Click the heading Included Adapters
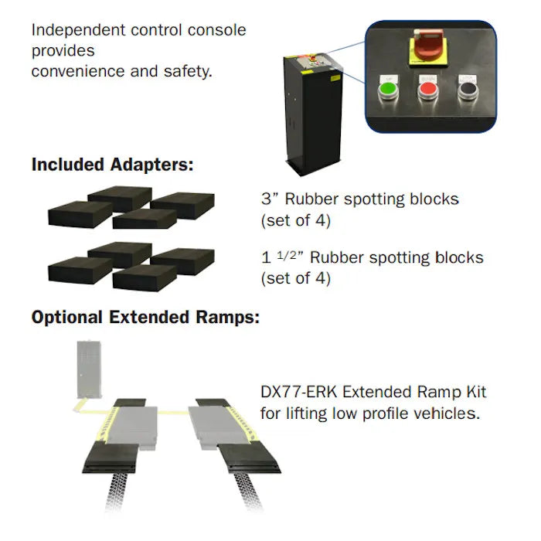coord(112,165)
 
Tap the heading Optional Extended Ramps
coord(145,318)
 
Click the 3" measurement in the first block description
coord(268,199)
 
